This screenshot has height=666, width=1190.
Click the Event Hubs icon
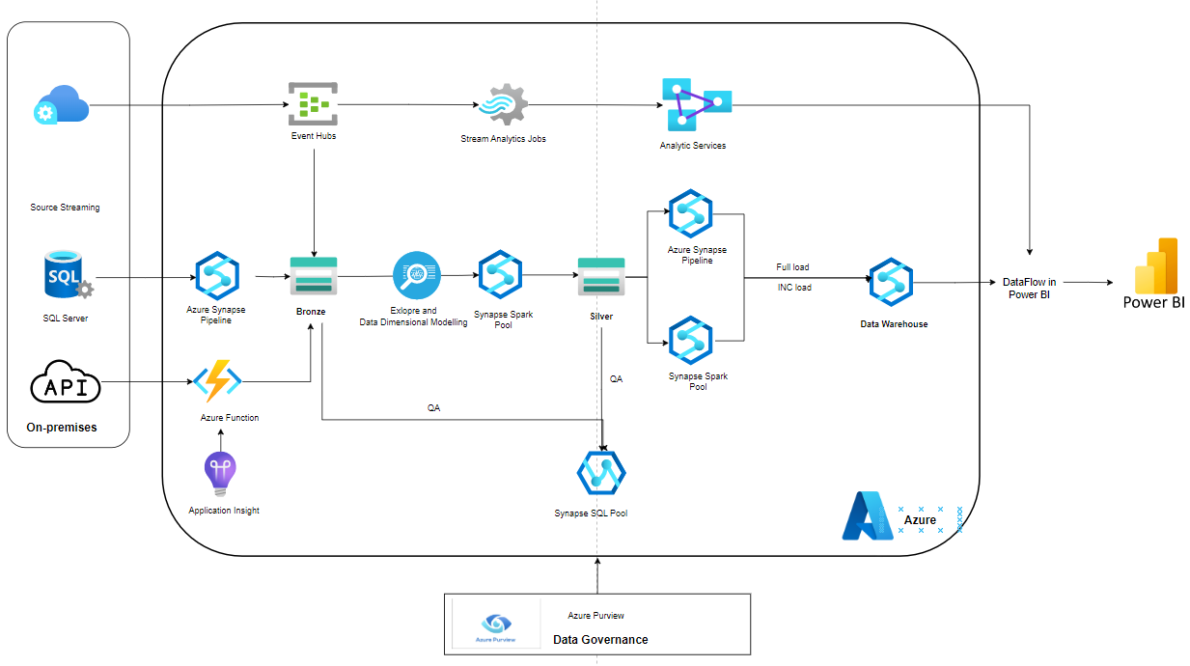tap(314, 104)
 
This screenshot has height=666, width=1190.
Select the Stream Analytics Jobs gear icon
tap(503, 105)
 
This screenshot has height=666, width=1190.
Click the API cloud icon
tap(66, 387)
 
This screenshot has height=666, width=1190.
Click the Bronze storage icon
tap(314, 277)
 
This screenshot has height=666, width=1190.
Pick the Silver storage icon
tap(601, 278)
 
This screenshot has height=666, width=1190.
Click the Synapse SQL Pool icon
tap(601, 472)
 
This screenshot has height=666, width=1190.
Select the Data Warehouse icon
tap(891, 282)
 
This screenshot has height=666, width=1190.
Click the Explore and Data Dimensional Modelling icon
tap(416, 276)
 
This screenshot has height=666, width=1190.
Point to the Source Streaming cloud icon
tap(63, 104)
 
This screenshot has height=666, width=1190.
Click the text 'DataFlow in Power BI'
tap(1029, 288)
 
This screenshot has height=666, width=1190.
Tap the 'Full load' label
tap(792, 267)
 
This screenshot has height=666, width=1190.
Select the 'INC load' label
tap(793, 287)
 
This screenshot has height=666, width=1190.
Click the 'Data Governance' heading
tap(600, 639)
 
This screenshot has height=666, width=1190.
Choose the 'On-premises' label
tap(62, 427)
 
